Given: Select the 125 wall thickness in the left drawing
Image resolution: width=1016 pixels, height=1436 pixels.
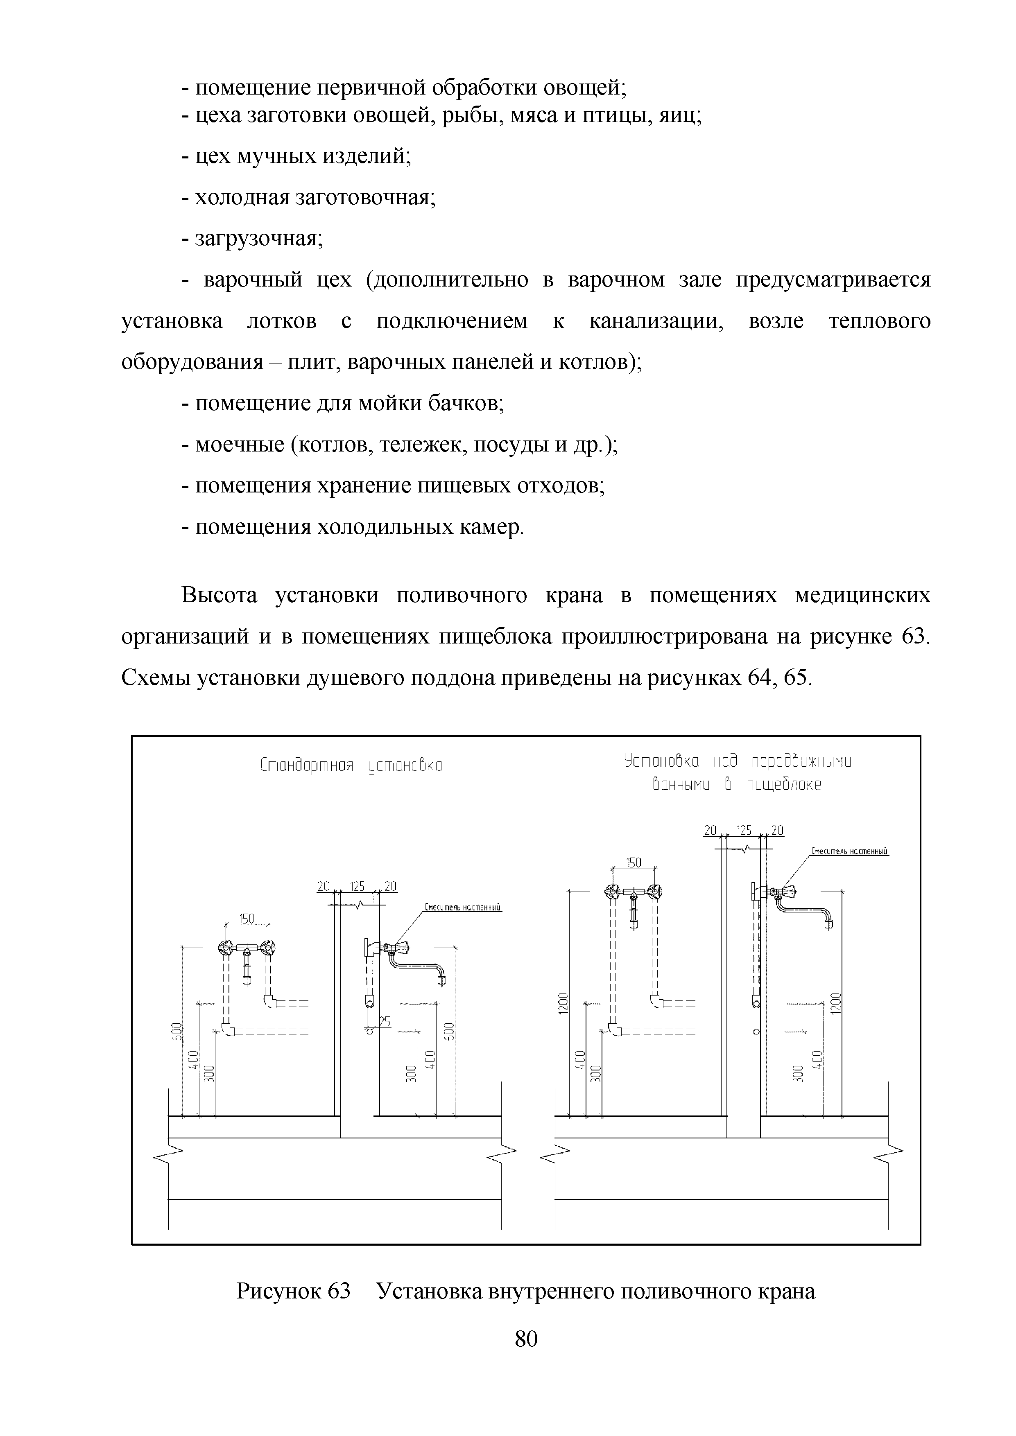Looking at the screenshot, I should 357,886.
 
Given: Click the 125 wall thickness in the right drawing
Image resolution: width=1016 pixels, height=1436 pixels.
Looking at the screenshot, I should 744,831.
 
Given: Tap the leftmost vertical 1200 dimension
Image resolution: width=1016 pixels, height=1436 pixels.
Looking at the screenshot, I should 563,1005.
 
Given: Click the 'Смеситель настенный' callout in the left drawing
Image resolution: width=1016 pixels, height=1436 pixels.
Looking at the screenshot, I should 463,907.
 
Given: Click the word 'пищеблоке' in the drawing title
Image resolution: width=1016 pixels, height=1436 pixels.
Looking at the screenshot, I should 783,785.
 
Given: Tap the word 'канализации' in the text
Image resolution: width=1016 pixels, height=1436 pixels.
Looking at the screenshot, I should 656,321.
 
